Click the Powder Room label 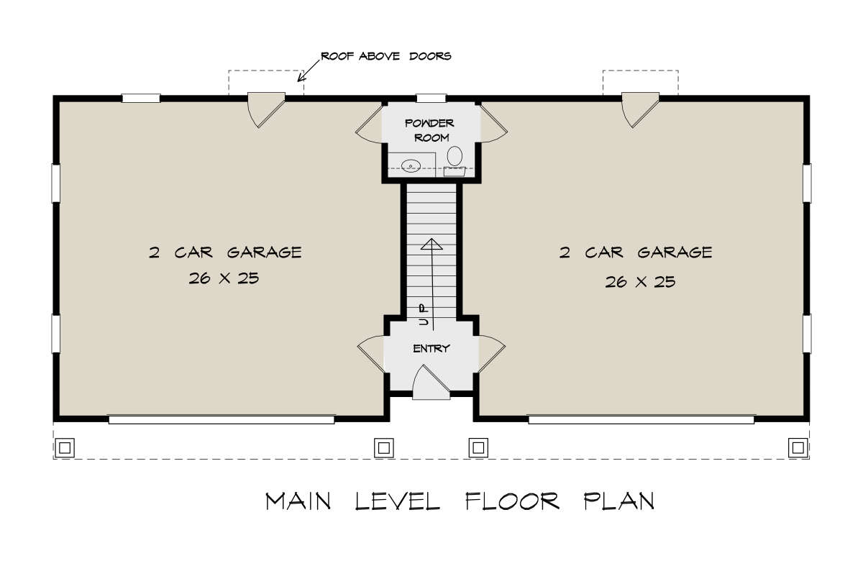(x=429, y=130)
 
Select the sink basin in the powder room (x=411, y=166)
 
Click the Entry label (x=431, y=349)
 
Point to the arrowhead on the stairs (x=431, y=244)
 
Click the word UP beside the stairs (x=424, y=315)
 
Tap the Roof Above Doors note (x=386, y=56)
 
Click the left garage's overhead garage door (x=222, y=419)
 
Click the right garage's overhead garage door (x=641, y=419)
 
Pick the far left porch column (x=65, y=447)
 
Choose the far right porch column (x=798, y=447)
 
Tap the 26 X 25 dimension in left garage (x=224, y=278)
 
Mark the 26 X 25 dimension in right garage (x=640, y=282)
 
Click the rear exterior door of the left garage (x=266, y=109)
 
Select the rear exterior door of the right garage (x=640, y=109)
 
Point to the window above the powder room (x=431, y=99)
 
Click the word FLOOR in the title (x=512, y=501)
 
